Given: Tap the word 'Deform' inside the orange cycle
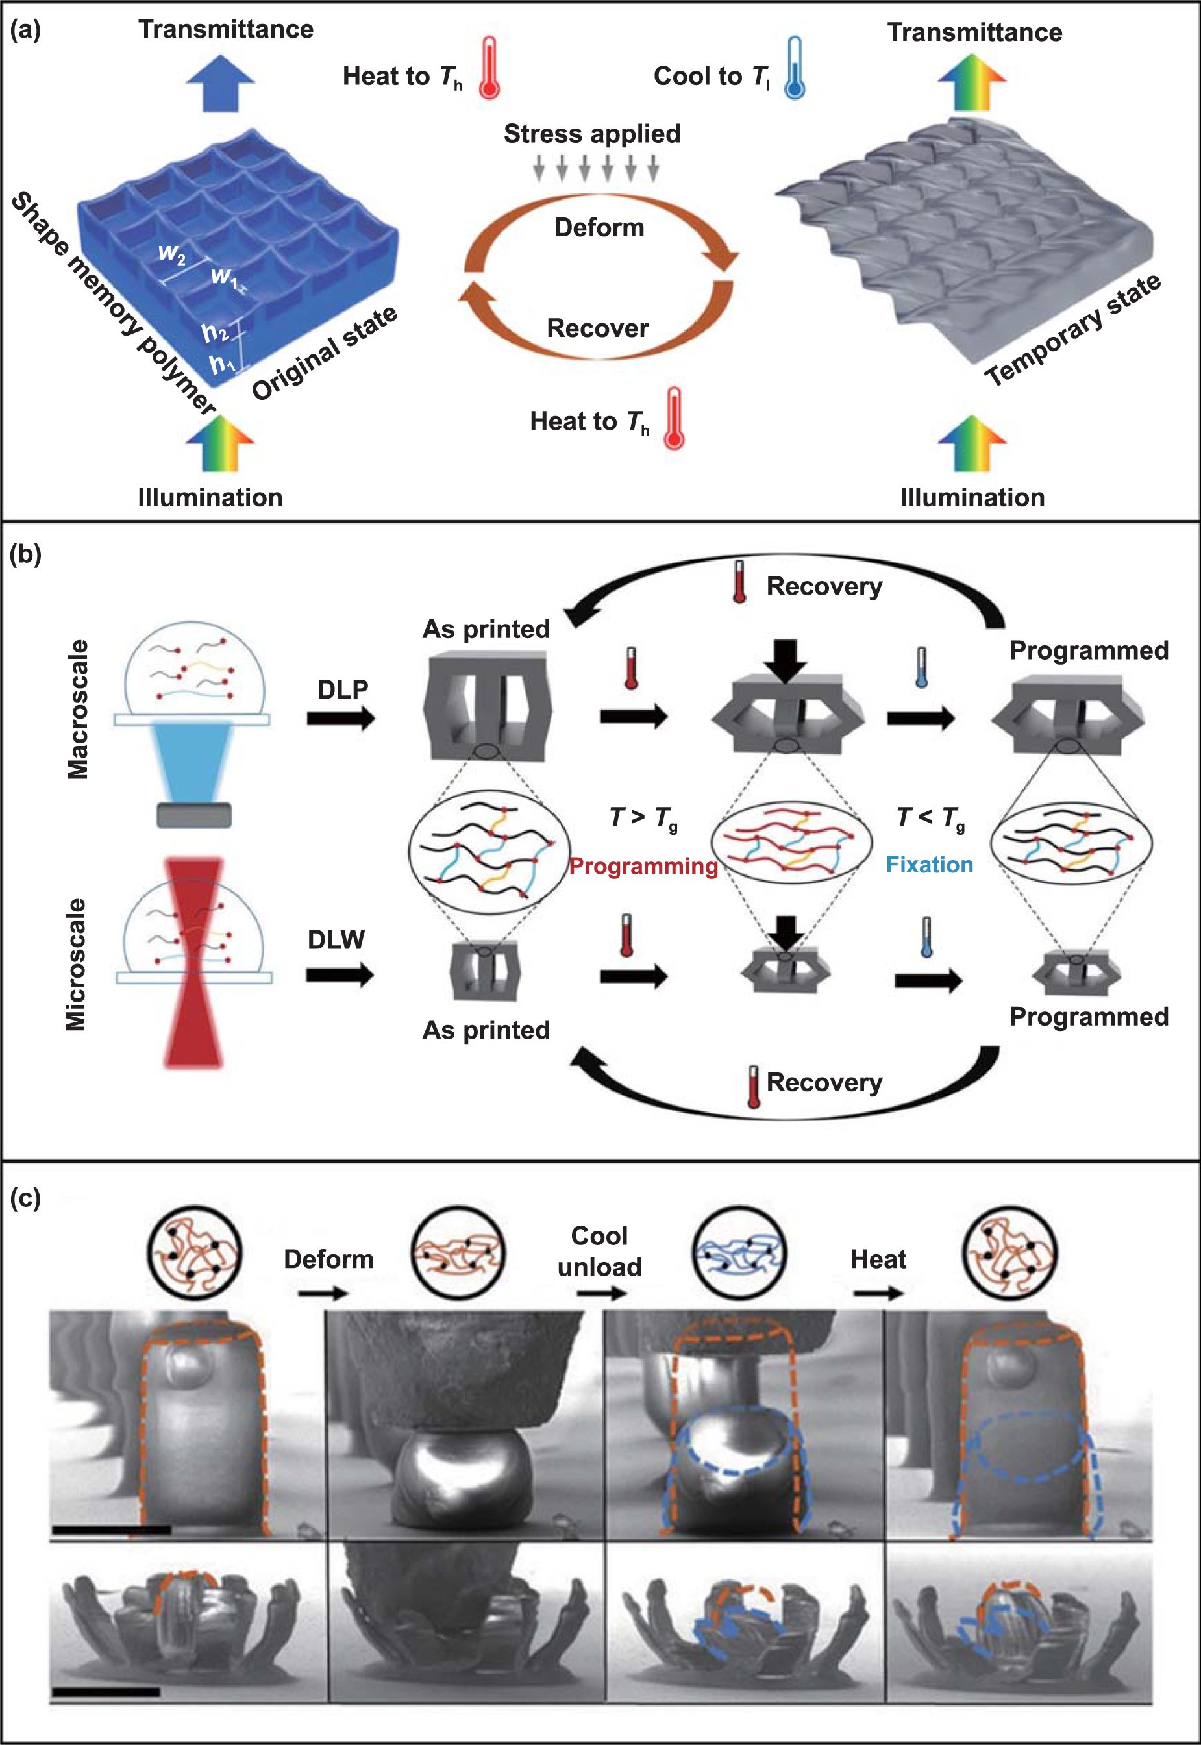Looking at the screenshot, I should tap(599, 227).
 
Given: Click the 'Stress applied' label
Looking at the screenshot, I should tap(591, 133).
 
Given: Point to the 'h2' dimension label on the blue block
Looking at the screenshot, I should tap(214, 332).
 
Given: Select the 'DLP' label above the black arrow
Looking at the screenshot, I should tap(342, 689).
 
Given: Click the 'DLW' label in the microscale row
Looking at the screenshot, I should tap(336, 939).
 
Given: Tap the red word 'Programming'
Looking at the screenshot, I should tap(643, 866).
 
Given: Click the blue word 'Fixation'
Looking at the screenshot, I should tap(930, 865).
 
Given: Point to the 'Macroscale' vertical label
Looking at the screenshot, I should tap(77, 709).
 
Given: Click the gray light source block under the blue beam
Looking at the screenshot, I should tap(193, 815).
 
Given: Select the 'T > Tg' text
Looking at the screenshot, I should tap(643, 817).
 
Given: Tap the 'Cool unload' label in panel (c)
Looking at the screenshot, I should tap(599, 1250).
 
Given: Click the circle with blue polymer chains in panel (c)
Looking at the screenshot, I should tap(739, 1253).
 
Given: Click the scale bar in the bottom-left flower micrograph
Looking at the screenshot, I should tap(105, 1692).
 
